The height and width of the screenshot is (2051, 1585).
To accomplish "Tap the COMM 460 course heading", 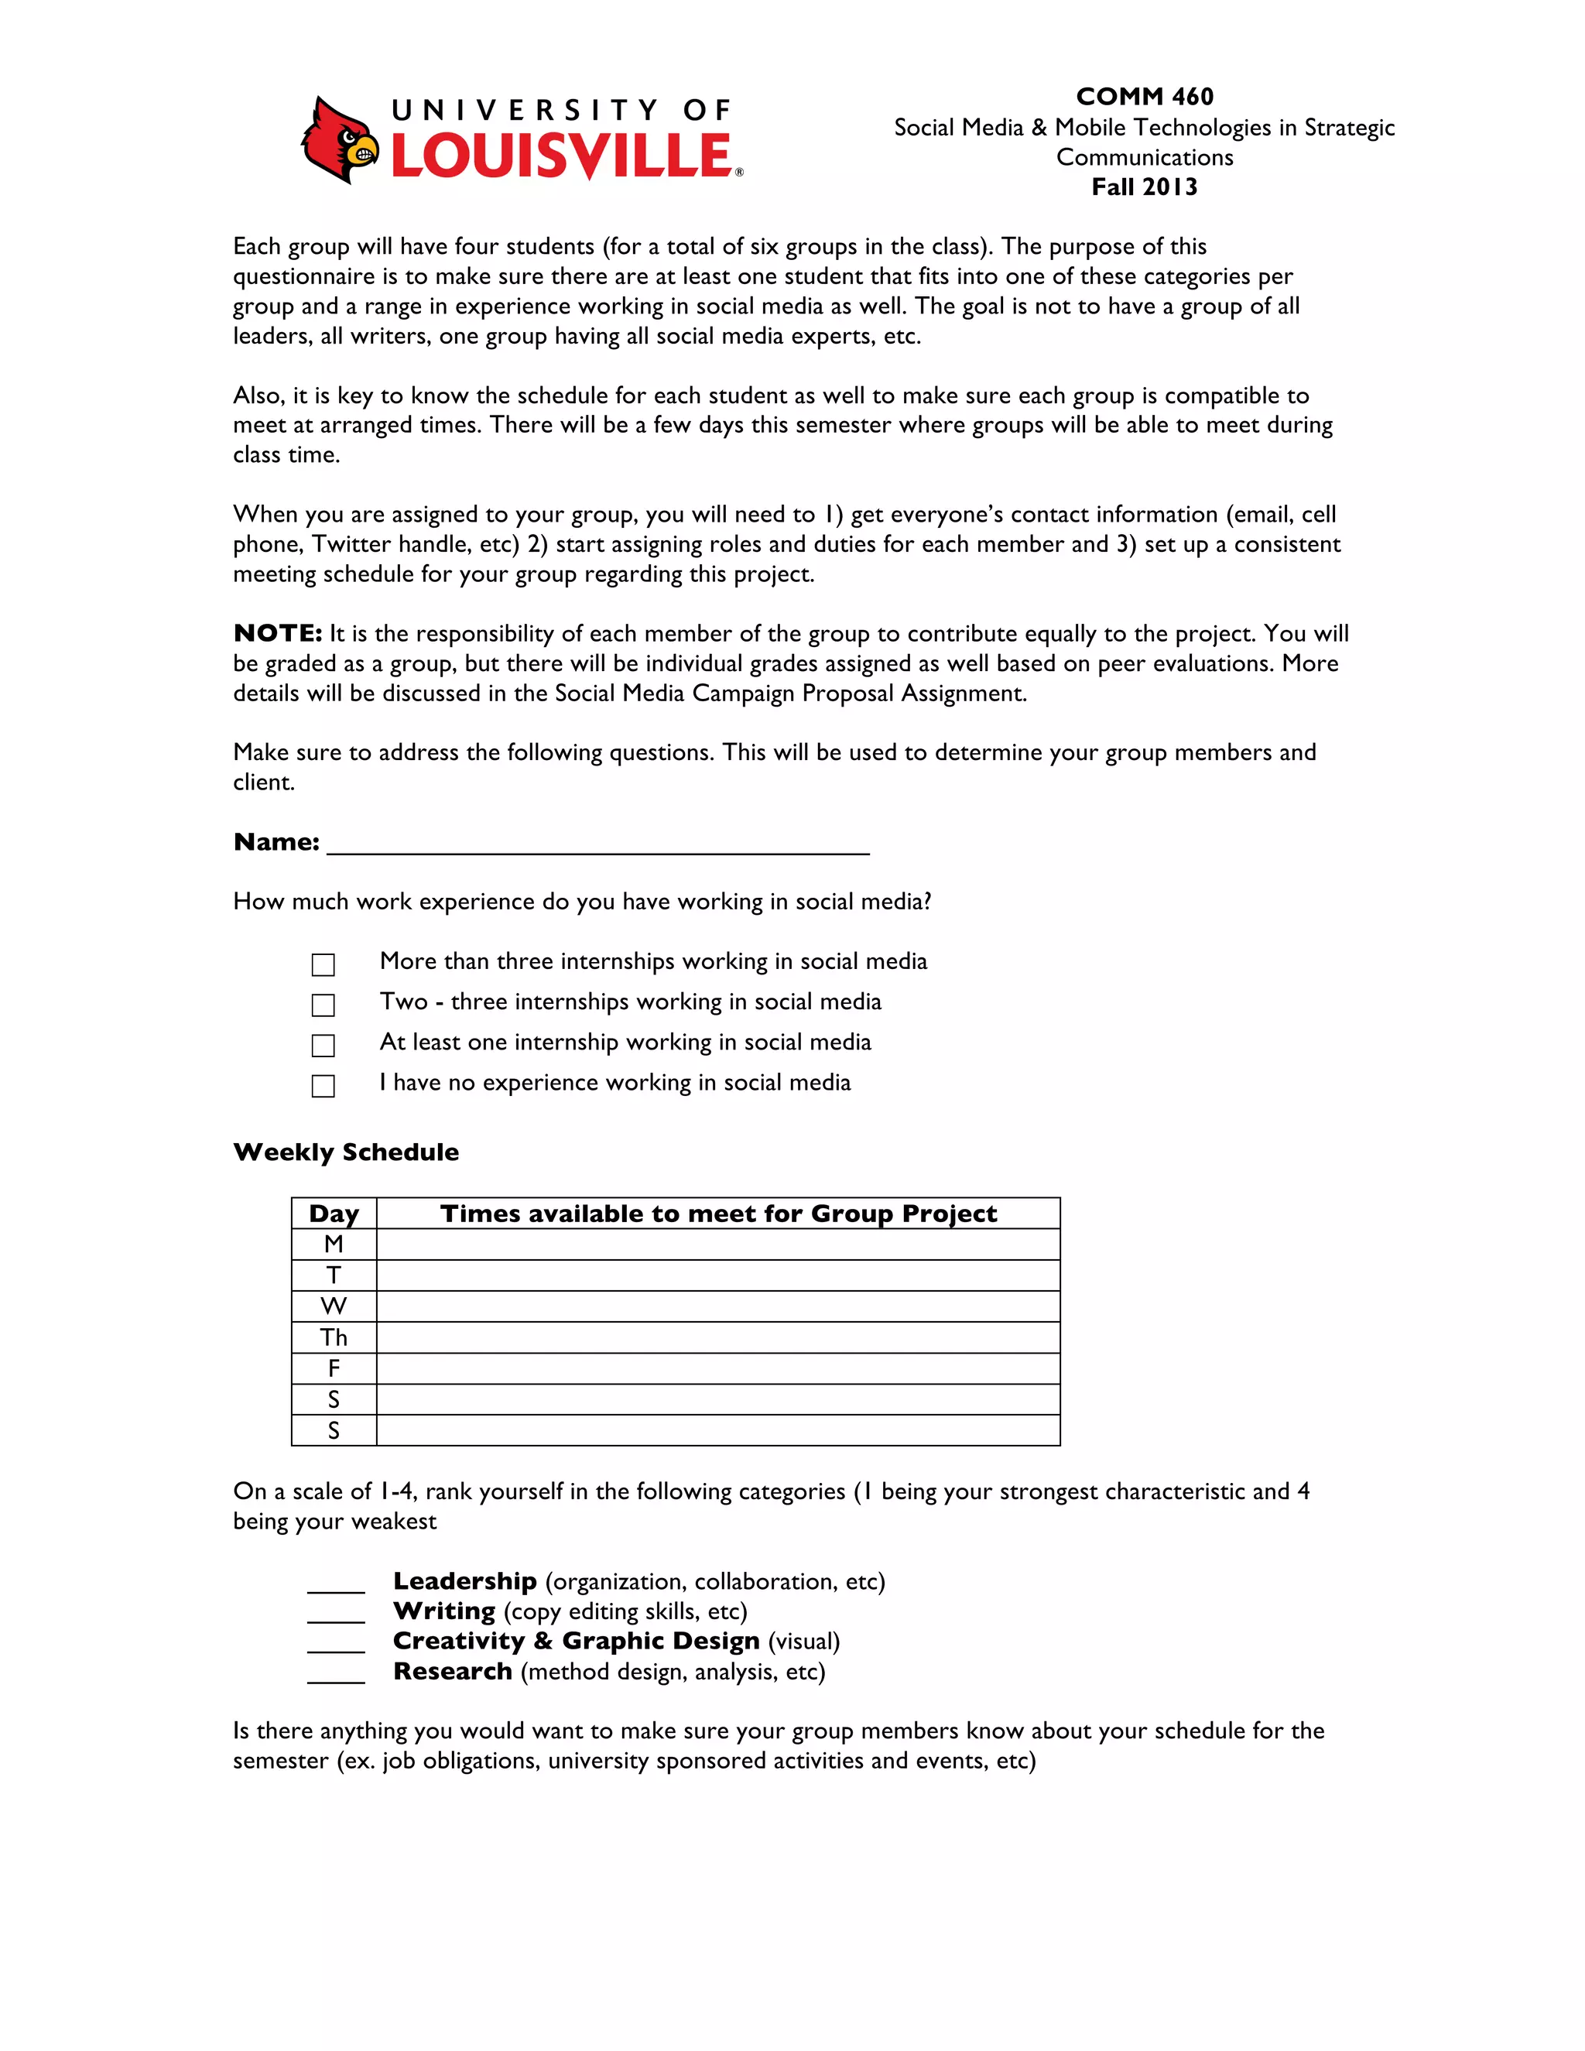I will click(1144, 97).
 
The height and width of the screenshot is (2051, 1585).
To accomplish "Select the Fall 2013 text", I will click(1144, 187).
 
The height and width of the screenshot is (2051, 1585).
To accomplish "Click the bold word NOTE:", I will click(278, 634).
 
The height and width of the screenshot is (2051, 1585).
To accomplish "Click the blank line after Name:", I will click(597, 844).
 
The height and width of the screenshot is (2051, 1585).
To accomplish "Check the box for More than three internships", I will click(323, 964).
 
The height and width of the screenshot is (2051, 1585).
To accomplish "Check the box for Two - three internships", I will click(323, 1005).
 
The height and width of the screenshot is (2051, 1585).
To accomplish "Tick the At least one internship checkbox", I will click(323, 1045).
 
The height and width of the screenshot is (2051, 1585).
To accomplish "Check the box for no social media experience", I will click(323, 1086).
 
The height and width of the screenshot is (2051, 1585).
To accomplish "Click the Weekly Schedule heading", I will click(345, 1152).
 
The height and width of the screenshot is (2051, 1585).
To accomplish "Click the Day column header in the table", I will click(334, 1214).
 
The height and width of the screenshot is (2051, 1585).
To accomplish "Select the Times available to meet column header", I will click(718, 1214).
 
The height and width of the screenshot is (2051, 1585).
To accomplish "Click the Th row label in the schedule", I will click(334, 1337).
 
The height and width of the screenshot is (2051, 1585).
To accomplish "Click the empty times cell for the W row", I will click(718, 1306).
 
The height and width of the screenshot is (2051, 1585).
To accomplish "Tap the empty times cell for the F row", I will click(718, 1368).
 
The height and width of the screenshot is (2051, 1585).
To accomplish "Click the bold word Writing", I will click(444, 1611).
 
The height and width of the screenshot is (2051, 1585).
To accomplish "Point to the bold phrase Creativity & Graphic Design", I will click(576, 1642).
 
